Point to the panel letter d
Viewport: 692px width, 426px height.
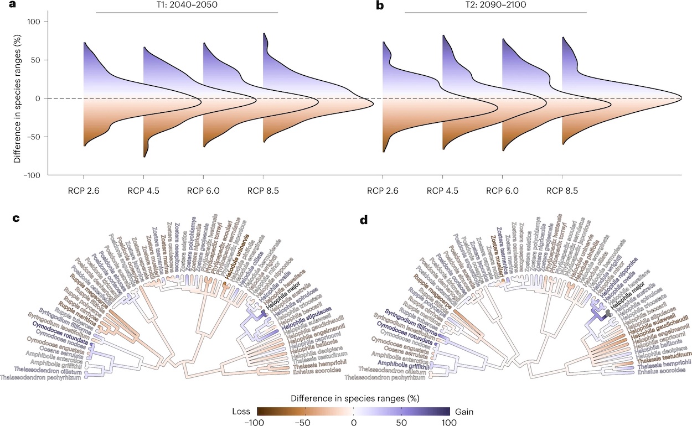(364, 220)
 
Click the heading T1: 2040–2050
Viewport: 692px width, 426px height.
(187, 6)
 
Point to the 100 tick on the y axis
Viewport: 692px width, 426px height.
(34, 22)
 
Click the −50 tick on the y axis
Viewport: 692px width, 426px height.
(34, 137)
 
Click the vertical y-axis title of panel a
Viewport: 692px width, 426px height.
(17, 98)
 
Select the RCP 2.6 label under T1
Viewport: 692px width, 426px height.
(84, 191)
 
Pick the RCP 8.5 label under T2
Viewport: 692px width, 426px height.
(562, 191)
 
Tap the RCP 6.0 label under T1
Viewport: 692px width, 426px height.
(203, 191)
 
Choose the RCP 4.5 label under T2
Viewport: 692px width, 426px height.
(443, 191)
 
